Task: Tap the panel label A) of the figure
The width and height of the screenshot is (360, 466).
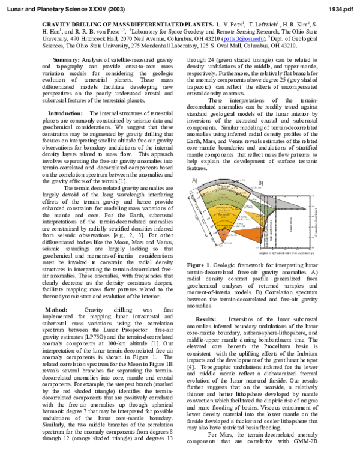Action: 194,180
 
